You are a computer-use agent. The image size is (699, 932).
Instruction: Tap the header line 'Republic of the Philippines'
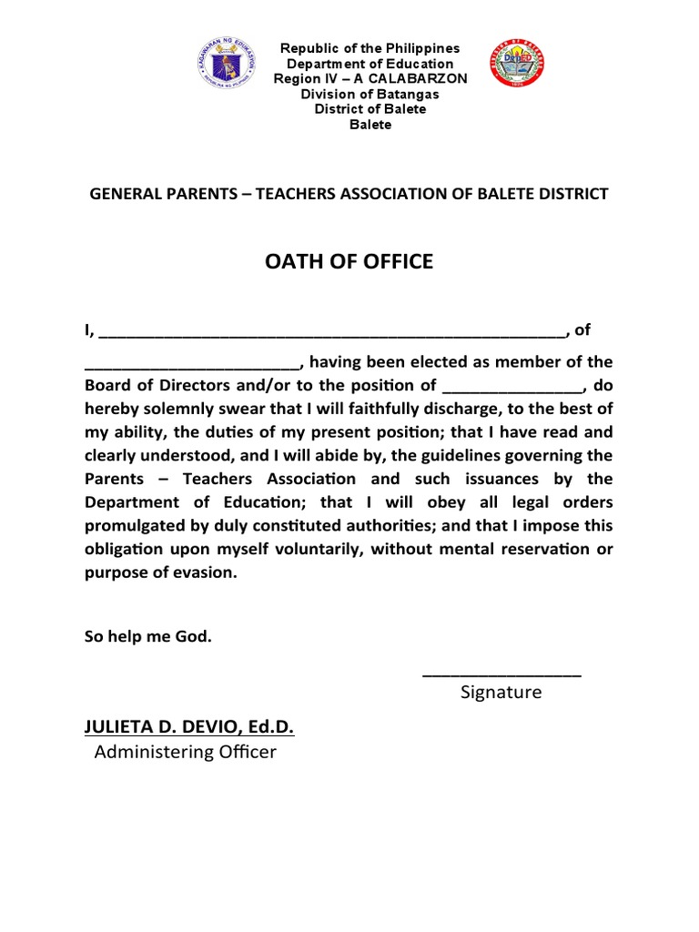[x=370, y=48]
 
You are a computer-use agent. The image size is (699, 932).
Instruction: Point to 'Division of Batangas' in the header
[x=370, y=95]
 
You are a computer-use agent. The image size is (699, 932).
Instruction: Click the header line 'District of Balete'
[x=370, y=109]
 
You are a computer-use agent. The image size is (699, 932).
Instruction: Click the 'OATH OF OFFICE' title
[x=349, y=263]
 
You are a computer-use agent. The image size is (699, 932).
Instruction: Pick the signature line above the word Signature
[x=502, y=674]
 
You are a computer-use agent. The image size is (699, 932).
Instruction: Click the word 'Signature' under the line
[x=501, y=693]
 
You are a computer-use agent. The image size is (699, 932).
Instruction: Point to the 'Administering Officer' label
[x=185, y=752]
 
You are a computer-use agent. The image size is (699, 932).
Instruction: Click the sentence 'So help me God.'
[x=148, y=637]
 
